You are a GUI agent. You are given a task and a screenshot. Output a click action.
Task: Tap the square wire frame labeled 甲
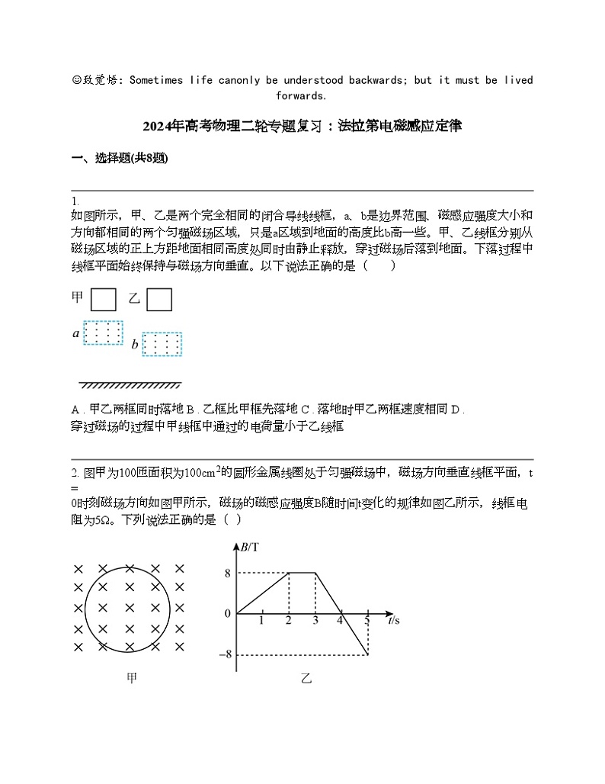tap(104, 299)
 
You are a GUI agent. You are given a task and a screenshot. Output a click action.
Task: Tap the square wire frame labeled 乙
tap(158, 299)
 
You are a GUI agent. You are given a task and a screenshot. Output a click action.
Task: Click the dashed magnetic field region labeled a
tap(103, 333)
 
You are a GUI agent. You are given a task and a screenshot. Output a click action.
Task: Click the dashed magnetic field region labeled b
tap(162, 345)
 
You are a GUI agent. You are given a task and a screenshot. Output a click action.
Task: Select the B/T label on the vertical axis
tap(249, 547)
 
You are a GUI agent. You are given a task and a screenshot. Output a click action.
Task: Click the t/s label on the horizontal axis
tap(393, 621)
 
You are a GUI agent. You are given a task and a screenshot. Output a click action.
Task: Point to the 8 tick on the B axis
tap(227, 573)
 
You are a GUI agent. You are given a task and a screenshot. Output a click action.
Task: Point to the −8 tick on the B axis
tap(224, 654)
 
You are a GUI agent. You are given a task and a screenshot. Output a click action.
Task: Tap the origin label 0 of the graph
tap(227, 613)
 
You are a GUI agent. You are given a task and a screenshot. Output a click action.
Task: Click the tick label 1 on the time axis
tap(261, 621)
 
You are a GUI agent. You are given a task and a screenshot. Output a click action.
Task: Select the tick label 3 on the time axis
tap(315, 621)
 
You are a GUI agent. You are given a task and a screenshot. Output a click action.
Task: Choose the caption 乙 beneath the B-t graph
tap(306, 678)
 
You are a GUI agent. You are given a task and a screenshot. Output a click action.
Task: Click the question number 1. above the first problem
tap(74, 201)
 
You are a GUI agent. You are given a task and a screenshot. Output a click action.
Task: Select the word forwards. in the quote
tap(302, 96)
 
